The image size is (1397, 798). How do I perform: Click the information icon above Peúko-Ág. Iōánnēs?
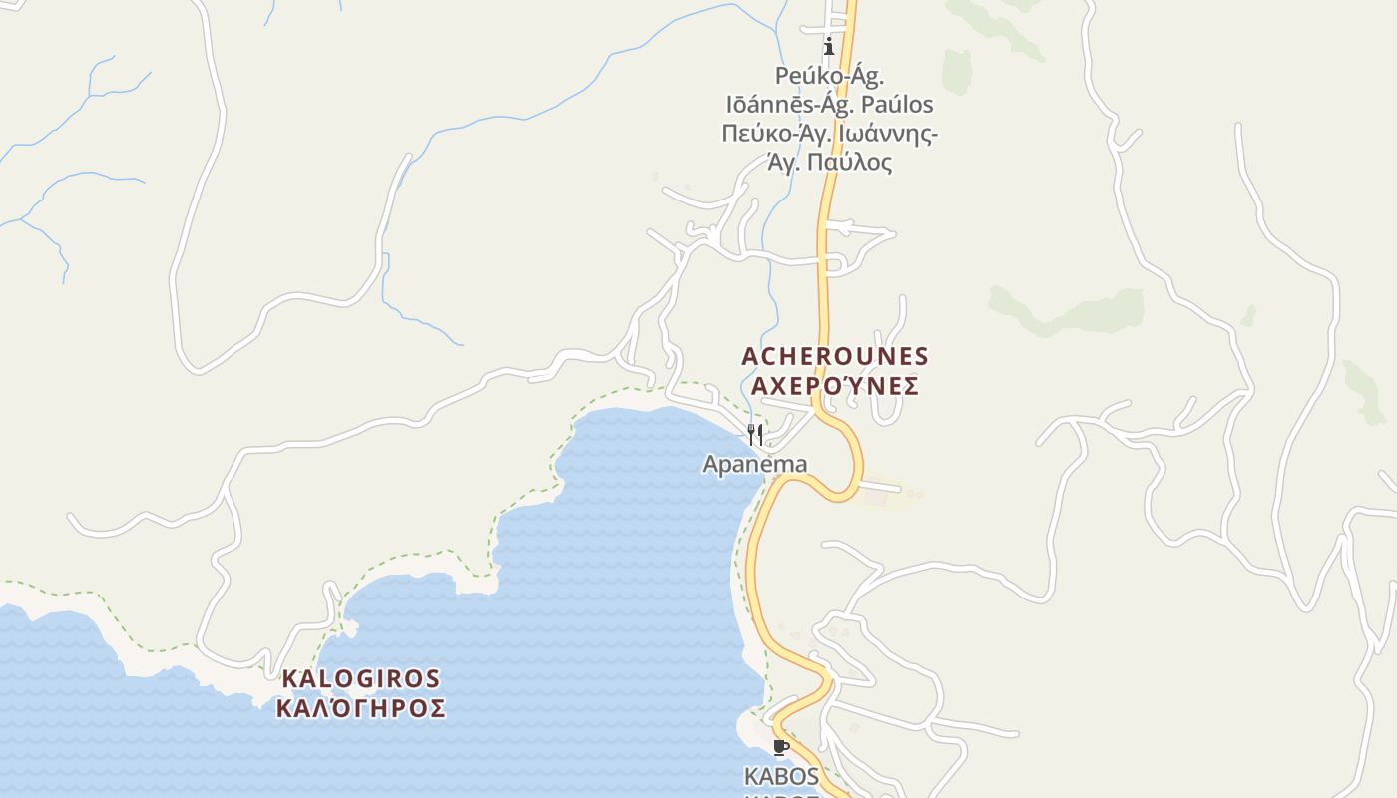(x=829, y=46)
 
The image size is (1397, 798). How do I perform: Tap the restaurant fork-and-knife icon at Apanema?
(x=755, y=435)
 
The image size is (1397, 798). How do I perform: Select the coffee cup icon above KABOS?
(x=781, y=747)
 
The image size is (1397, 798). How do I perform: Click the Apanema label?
(x=755, y=464)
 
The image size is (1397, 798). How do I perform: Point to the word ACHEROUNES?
(x=835, y=356)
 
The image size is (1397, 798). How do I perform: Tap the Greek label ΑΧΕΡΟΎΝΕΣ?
(x=835, y=386)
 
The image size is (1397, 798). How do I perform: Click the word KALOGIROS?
(x=361, y=679)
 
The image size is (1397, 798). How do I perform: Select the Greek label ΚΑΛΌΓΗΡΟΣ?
(x=361, y=709)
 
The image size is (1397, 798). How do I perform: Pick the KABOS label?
(x=781, y=776)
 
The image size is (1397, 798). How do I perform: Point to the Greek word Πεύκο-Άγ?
(x=770, y=133)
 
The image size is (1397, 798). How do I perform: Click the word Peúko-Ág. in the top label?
(x=829, y=76)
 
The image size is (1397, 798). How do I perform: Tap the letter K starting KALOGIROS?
(x=289, y=679)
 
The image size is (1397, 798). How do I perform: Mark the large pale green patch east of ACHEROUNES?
(x=1068, y=309)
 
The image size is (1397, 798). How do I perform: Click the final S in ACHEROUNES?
(x=920, y=356)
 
